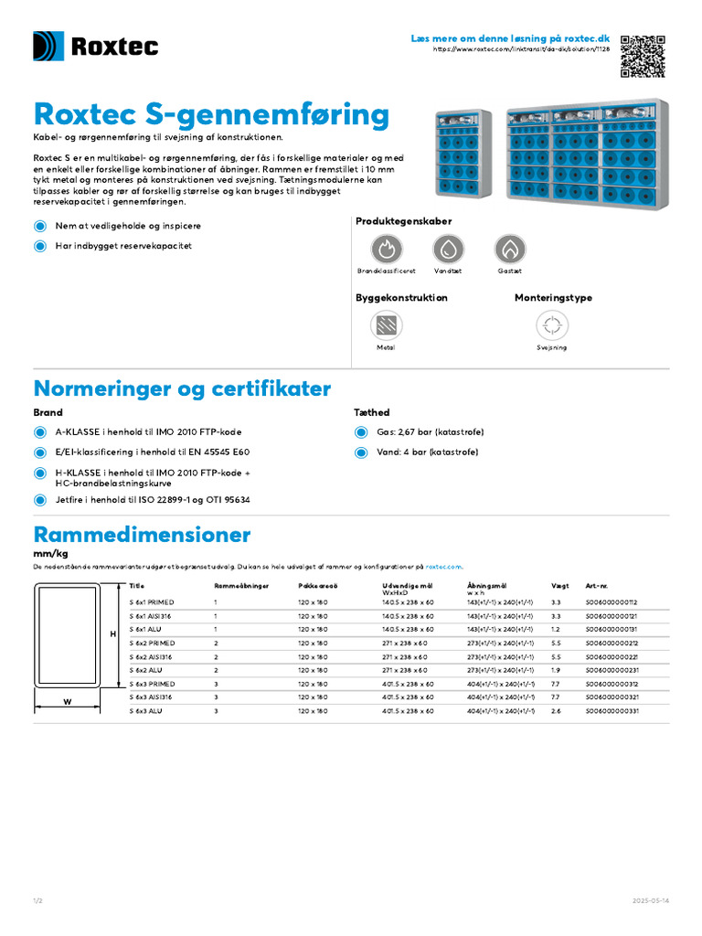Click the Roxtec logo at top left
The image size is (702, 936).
click(96, 47)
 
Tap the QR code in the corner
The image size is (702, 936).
click(643, 56)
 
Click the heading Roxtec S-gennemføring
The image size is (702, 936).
click(211, 114)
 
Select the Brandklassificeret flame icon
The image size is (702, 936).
click(386, 249)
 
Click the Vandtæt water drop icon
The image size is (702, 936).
click(448, 249)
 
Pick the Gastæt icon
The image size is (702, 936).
click(510, 249)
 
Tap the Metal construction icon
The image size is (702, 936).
click(386, 325)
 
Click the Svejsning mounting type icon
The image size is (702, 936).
click(551, 325)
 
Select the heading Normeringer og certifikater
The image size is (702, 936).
click(182, 388)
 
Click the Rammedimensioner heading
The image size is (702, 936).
click(142, 534)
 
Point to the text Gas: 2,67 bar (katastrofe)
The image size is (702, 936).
click(430, 432)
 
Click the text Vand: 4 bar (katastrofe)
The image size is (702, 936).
click(427, 452)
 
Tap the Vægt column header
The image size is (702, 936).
click(559, 586)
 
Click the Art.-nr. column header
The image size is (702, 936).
click(596, 586)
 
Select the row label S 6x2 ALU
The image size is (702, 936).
click(148, 670)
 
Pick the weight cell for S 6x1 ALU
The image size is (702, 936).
click(556, 630)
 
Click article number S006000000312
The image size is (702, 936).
click(612, 684)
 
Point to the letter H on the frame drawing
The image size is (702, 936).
click(113, 633)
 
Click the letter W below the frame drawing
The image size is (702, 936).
click(68, 702)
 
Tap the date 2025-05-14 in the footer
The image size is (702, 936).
click(651, 901)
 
